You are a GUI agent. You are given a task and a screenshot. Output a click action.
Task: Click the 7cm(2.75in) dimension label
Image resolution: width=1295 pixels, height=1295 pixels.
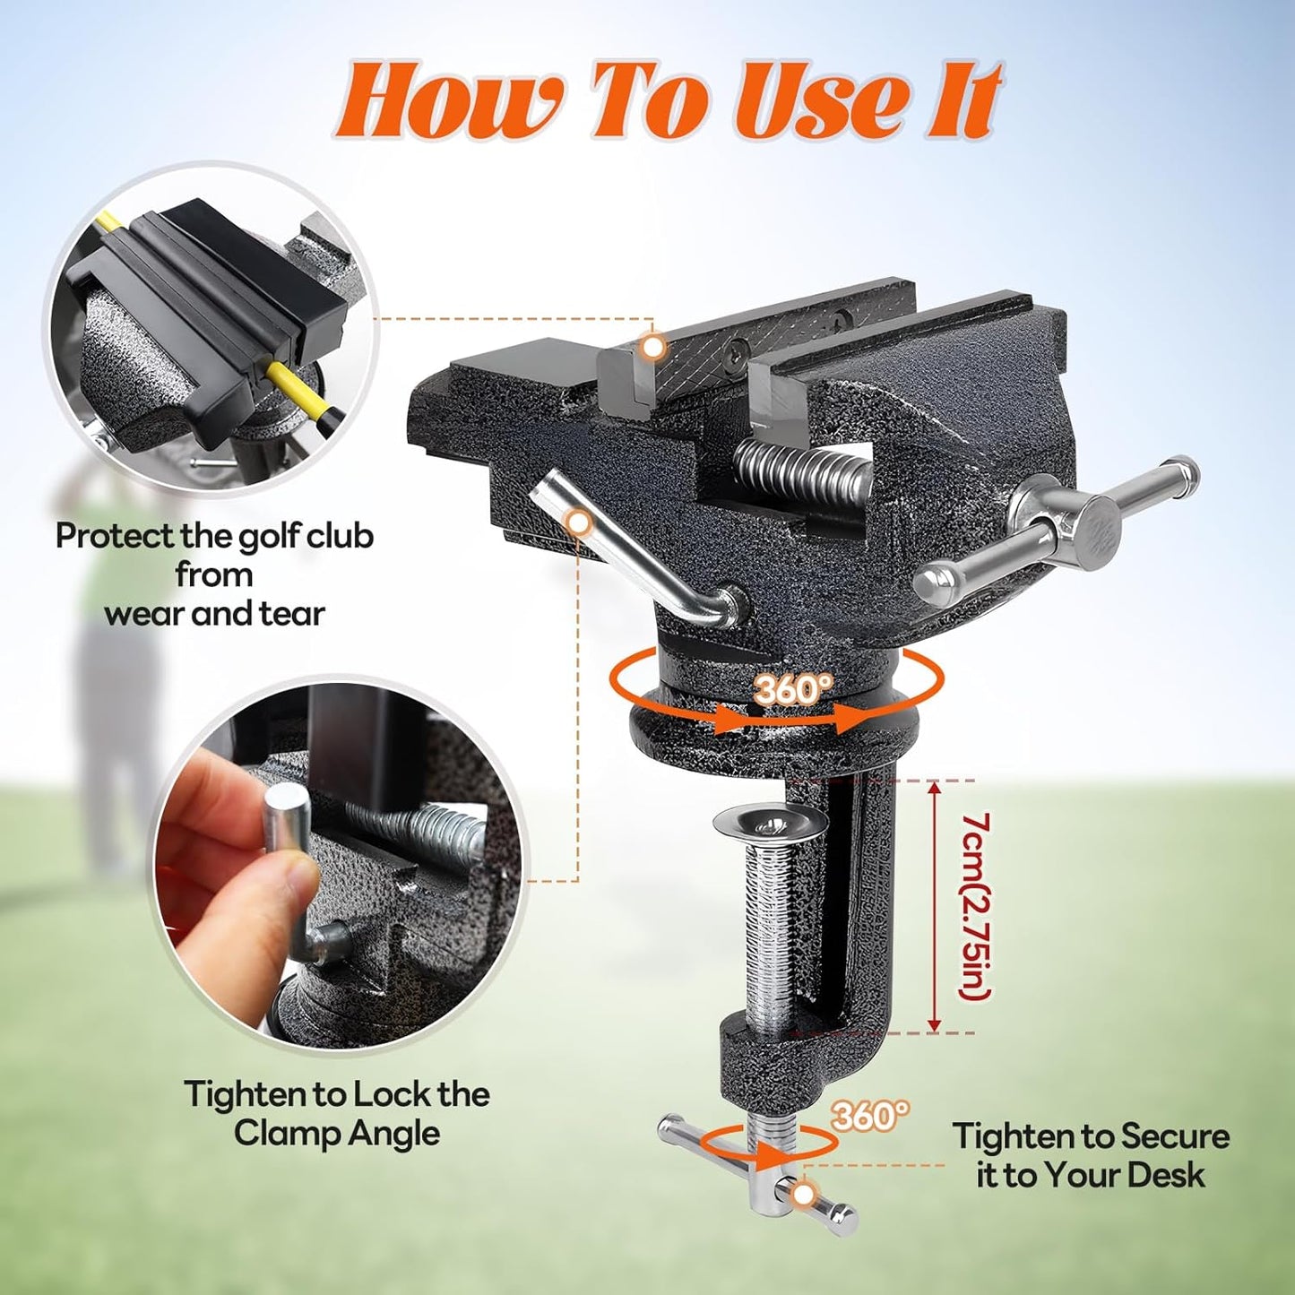pos(975,905)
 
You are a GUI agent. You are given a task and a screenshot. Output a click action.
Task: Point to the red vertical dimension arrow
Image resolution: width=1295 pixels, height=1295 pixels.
pos(934,905)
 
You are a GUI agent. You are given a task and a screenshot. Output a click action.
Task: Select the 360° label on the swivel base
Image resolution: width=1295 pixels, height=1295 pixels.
pos(792,689)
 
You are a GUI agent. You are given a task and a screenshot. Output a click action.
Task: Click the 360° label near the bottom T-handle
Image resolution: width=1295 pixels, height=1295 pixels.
pos(869,1116)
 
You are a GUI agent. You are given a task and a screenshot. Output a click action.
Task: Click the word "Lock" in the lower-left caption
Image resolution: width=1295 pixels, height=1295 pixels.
pos(391,1094)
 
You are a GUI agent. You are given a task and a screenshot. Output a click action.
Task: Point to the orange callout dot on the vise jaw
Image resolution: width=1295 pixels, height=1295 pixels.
pos(655,346)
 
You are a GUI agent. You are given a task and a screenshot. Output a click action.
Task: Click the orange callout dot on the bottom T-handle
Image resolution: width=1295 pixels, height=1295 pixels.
pos(804,1194)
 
